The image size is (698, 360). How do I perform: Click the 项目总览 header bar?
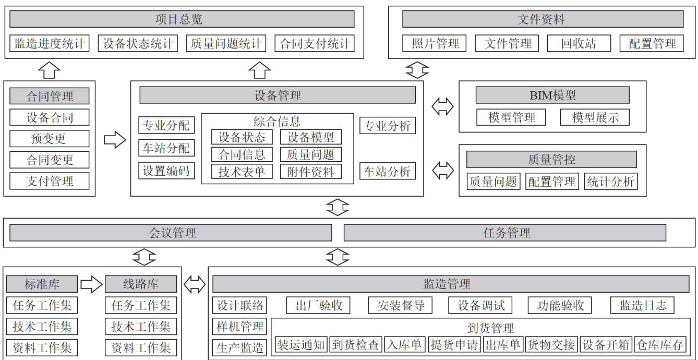[182, 19]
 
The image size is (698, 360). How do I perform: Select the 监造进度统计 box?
[50, 43]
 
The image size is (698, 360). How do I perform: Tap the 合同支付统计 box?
[315, 43]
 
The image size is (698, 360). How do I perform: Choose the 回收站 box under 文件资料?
[579, 43]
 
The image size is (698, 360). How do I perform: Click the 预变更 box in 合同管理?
[50, 139]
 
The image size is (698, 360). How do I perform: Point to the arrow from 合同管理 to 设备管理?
[115, 140]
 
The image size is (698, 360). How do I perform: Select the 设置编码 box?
[166, 171]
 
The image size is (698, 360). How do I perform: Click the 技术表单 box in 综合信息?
[242, 171]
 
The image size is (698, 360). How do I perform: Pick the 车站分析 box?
[388, 171]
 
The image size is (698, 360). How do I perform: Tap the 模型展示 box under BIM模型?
[595, 117]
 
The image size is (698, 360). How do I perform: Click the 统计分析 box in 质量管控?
[610, 181]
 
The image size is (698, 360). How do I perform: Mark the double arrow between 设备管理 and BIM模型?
[443, 107]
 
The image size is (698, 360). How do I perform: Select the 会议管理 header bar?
[171, 233]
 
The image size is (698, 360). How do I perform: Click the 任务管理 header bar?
[504, 233]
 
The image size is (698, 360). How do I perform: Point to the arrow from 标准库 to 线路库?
[91, 284]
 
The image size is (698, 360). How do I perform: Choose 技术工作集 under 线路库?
[141, 327]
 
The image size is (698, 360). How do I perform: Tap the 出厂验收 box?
[318, 305]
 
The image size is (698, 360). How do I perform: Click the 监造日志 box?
[643, 305]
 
